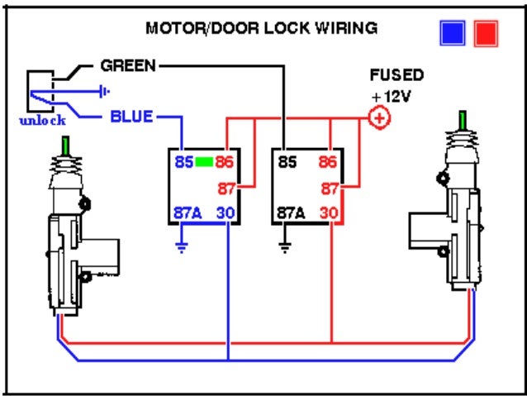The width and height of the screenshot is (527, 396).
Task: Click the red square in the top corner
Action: (x=485, y=33)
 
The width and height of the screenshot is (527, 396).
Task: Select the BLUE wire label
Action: (x=131, y=117)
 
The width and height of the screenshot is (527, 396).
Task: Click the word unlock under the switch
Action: (x=41, y=121)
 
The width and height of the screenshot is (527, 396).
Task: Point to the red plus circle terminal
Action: (x=379, y=119)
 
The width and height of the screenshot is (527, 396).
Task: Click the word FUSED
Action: (x=396, y=75)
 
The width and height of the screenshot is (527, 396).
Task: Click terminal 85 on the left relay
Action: (x=183, y=162)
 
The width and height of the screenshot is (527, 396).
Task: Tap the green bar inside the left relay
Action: (x=205, y=162)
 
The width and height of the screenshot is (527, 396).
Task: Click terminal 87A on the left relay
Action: (x=189, y=212)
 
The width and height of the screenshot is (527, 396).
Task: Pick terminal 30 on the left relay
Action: (x=226, y=212)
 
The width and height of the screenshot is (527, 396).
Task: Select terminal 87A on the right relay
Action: (x=293, y=212)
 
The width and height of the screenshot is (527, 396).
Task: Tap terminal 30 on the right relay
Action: (x=330, y=212)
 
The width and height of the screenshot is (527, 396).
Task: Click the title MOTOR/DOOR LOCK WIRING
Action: (x=261, y=28)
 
